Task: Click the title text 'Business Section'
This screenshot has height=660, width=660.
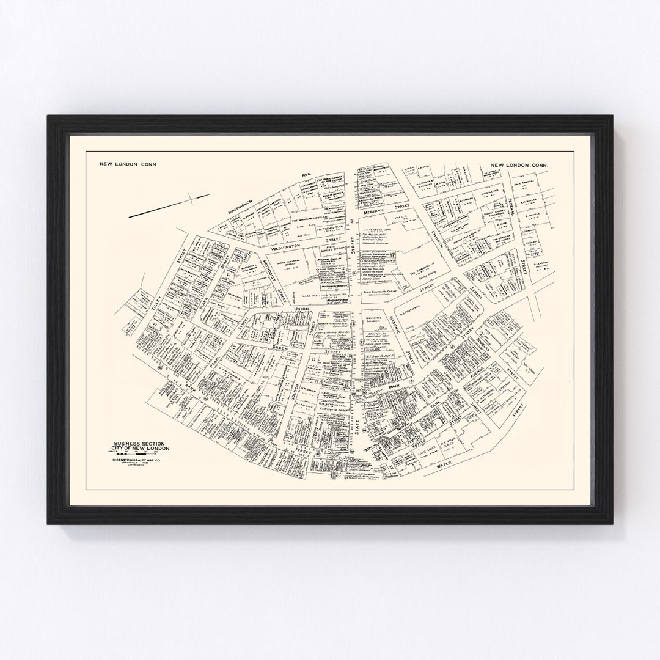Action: click(x=137, y=443)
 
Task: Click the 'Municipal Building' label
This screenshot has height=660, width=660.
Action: click(x=375, y=321)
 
